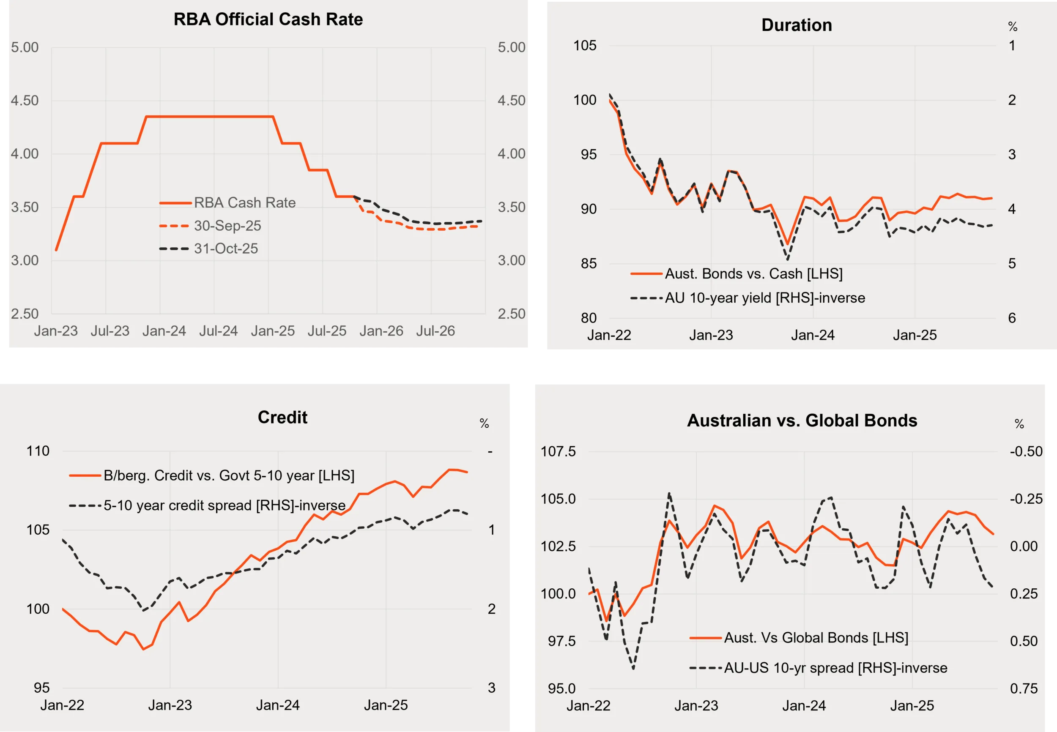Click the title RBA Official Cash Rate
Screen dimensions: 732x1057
[268, 19]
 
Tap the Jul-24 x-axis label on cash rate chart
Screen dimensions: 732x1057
[218, 330]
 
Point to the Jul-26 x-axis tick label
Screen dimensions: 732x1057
[435, 330]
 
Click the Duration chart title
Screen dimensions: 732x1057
[797, 25]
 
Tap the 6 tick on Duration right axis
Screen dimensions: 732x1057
[1012, 318]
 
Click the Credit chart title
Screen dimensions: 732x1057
[282, 418]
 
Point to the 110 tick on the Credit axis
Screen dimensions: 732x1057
[38, 451]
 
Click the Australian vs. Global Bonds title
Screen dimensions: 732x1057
[802, 421]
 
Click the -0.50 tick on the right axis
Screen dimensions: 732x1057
[1026, 451]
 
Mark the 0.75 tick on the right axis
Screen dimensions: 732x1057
[1024, 688]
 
